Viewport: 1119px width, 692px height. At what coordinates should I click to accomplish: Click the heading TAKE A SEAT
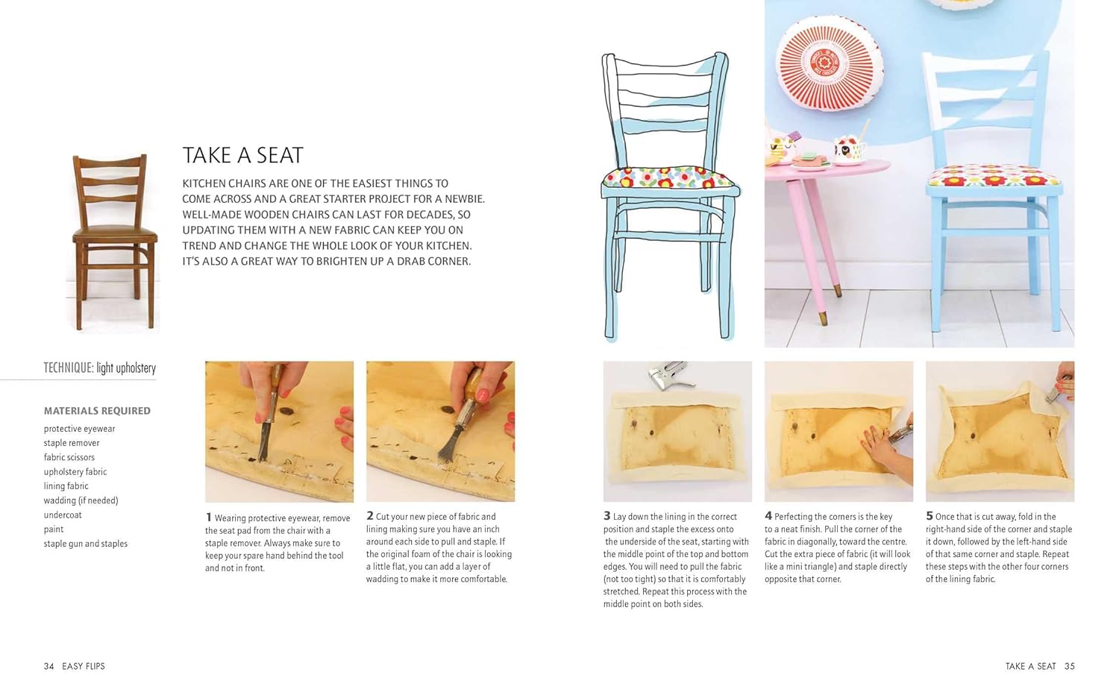(242, 155)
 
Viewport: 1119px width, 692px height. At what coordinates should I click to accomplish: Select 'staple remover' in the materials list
(72, 443)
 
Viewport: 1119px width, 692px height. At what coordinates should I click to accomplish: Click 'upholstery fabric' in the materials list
(75, 472)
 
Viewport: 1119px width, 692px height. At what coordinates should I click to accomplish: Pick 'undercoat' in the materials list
(63, 515)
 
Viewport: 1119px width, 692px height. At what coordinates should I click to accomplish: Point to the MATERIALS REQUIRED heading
(97, 411)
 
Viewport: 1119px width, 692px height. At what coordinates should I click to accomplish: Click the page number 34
(48, 666)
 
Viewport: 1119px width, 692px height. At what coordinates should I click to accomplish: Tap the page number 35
(1069, 666)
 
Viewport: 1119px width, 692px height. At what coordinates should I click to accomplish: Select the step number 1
(208, 518)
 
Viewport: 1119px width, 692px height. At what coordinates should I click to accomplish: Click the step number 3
(607, 516)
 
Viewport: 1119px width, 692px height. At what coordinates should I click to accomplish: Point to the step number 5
(930, 516)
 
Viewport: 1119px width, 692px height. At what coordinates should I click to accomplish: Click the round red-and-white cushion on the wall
(829, 63)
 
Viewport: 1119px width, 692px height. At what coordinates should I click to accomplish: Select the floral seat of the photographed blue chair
(994, 176)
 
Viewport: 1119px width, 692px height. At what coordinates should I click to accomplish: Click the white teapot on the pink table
(849, 146)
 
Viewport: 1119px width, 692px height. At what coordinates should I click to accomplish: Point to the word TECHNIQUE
(69, 368)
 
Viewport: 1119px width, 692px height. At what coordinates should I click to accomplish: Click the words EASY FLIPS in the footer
(84, 666)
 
